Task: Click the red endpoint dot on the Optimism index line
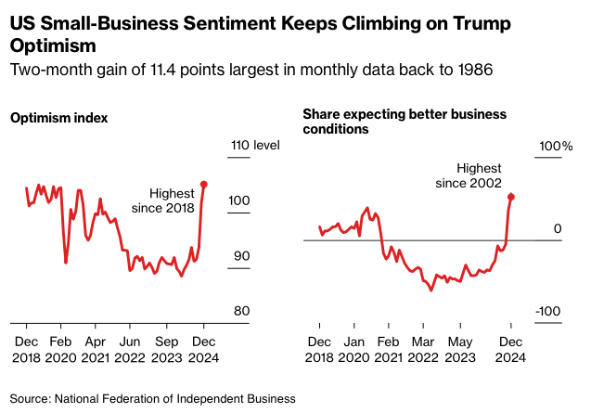pyautogui.click(x=204, y=185)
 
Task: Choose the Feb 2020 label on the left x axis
pyautogui.click(x=60, y=348)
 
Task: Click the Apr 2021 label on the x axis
pyautogui.click(x=95, y=348)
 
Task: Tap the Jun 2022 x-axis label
pyautogui.click(x=130, y=348)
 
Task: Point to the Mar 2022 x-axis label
pyautogui.click(x=423, y=348)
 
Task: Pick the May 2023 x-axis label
pyautogui.click(x=461, y=348)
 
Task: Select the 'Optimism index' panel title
pyautogui.click(x=58, y=118)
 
